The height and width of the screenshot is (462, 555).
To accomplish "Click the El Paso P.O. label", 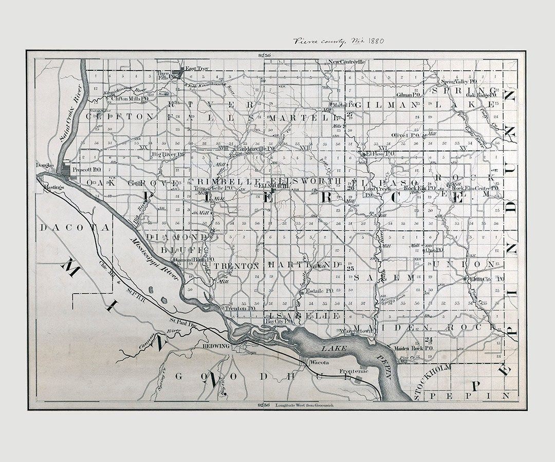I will tap(379, 153).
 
